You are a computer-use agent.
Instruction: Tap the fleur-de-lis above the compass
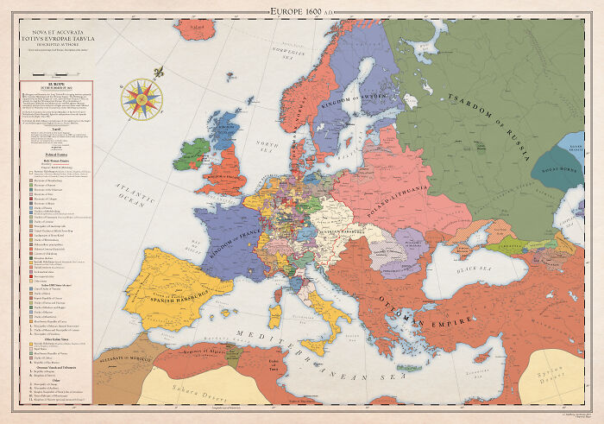[158, 73]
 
